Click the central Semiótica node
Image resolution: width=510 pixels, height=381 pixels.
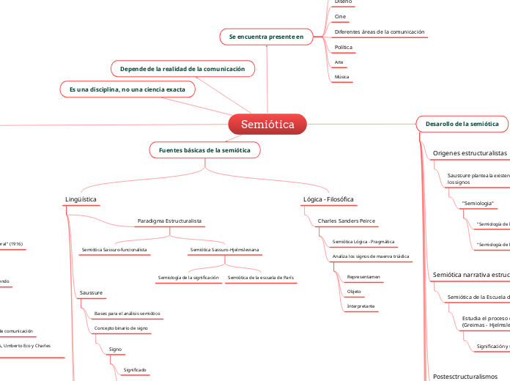point(267,125)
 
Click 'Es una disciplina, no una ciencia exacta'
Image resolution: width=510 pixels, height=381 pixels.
point(127,89)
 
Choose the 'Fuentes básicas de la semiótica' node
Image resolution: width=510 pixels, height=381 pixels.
point(204,150)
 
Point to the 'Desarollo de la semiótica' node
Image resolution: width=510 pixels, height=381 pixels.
point(462,125)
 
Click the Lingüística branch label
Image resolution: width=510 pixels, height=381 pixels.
point(81,199)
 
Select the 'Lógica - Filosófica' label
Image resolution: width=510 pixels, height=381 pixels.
point(328,199)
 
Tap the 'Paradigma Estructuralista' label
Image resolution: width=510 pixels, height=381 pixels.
point(169,221)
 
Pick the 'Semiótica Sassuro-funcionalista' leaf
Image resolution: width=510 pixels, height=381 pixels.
point(115,250)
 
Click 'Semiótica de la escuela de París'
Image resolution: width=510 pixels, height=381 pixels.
point(261,278)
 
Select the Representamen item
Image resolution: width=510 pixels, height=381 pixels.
point(363,278)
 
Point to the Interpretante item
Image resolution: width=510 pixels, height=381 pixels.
point(361,306)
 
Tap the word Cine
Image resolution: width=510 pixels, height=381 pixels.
point(340,16)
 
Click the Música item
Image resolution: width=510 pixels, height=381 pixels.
point(341,76)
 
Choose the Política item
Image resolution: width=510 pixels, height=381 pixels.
point(343,48)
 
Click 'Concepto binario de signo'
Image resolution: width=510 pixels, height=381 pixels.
point(122,328)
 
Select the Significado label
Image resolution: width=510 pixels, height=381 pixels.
point(135,370)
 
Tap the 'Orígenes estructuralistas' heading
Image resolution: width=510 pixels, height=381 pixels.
point(470,153)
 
